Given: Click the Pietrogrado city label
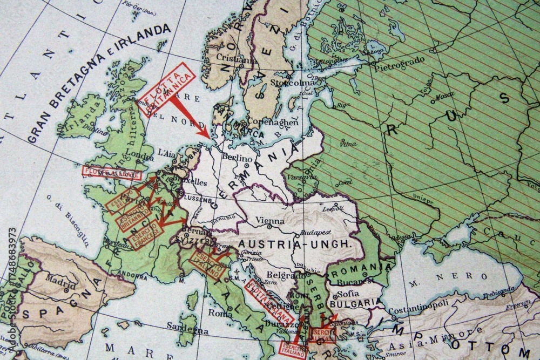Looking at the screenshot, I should (x=400, y=60).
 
